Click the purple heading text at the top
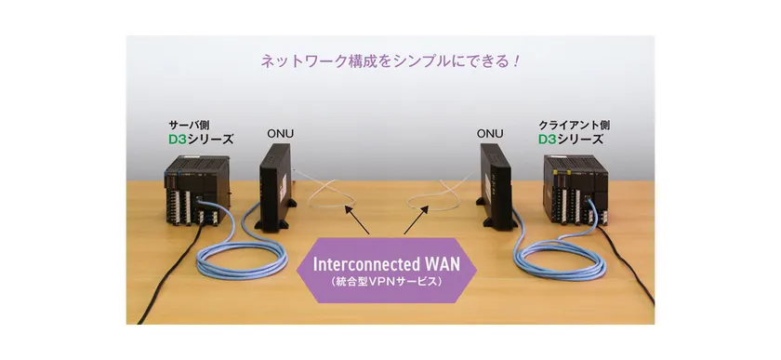[390, 64]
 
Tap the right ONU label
[491, 133]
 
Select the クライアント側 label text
[567, 124]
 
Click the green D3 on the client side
[549, 140]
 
